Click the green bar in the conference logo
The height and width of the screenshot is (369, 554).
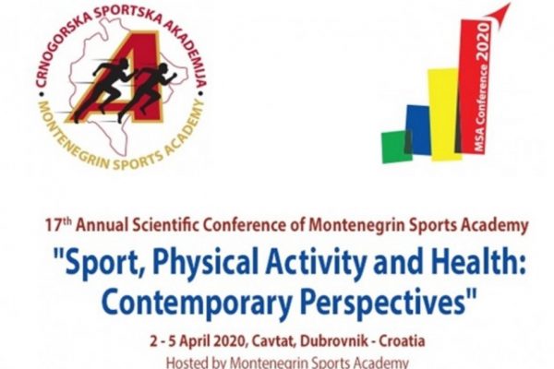click(396, 147)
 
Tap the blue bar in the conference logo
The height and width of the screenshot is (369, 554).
click(418, 130)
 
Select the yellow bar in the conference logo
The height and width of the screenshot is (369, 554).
click(444, 114)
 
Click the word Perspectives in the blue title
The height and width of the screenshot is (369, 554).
click(384, 303)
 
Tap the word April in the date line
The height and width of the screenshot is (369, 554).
click(197, 341)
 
